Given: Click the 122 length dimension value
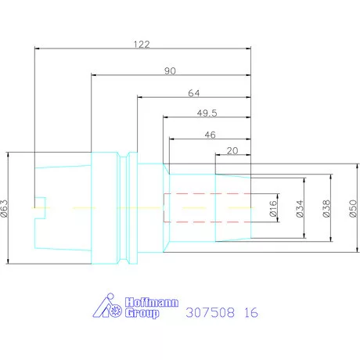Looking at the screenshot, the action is click(142, 45).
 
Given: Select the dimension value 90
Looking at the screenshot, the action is click(170, 71).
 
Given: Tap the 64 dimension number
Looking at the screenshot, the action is click(194, 93).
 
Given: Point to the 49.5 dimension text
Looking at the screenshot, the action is click(207, 113).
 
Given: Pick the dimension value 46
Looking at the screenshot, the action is click(211, 135).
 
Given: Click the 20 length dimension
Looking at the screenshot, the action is click(232, 151).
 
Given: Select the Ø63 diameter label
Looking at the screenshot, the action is click(5, 208).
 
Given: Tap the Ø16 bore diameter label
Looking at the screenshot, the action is click(273, 208).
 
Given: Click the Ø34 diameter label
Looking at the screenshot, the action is click(300, 208).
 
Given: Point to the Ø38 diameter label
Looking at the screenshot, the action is click(326, 208).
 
